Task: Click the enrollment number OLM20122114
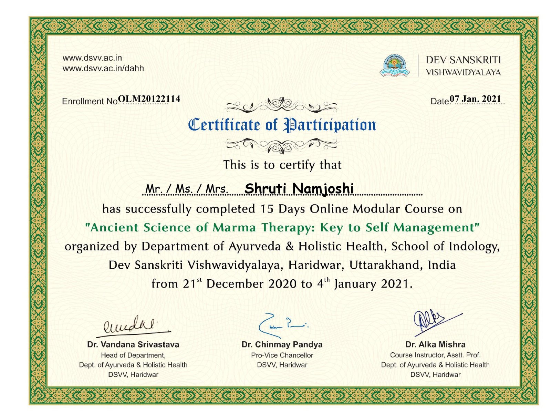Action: tap(149, 99)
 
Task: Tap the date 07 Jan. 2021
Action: tap(475, 99)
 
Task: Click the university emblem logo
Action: tap(395, 65)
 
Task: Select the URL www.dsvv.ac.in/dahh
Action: tap(103, 68)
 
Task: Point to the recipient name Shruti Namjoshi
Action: tap(299, 188)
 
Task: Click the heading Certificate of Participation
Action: tap(282, 125)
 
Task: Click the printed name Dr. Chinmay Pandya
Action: tap(282, 344)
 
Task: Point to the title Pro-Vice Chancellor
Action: tap(282, 355)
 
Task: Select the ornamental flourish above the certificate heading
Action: tap(282, 105)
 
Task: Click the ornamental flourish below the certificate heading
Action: tap(282, 145)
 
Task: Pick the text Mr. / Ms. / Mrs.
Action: tap(186, 189)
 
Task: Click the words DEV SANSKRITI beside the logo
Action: tap(464, 60)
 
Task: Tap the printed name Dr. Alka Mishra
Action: tap(435, 344)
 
